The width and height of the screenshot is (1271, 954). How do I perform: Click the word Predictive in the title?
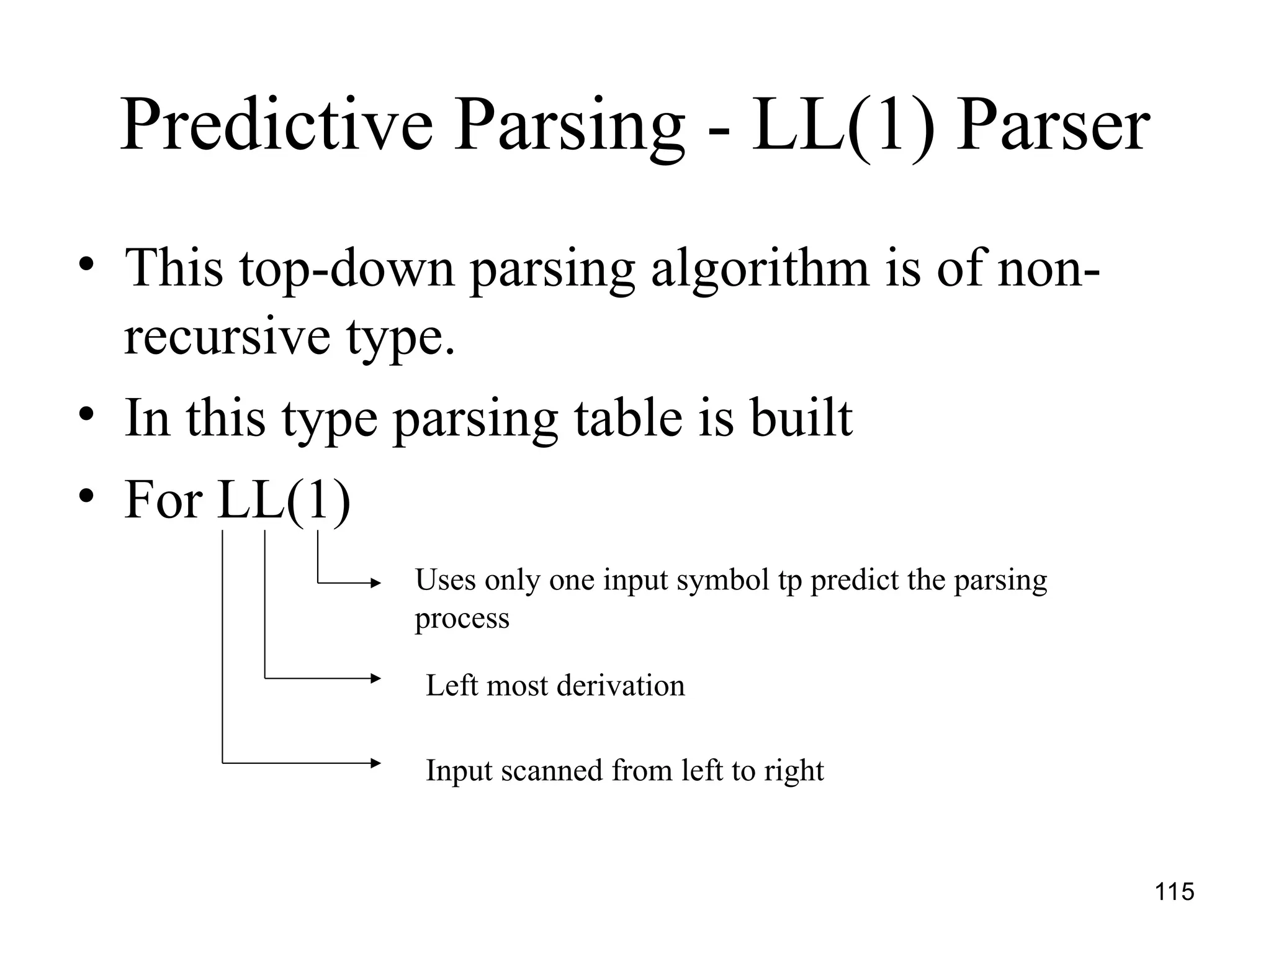coord(276,127)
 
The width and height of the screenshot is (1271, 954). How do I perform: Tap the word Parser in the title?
coord(1053,127)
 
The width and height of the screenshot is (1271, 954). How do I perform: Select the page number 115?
coord(1174,892)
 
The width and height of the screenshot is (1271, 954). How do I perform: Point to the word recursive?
coord(227,337)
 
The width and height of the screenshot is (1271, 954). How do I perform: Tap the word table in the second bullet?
coord(627,419)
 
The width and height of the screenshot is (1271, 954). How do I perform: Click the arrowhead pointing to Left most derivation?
coord(375,678)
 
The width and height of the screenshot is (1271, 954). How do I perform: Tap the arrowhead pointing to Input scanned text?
coord(375,763)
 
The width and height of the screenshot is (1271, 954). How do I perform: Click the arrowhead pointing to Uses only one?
coord(375,583)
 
